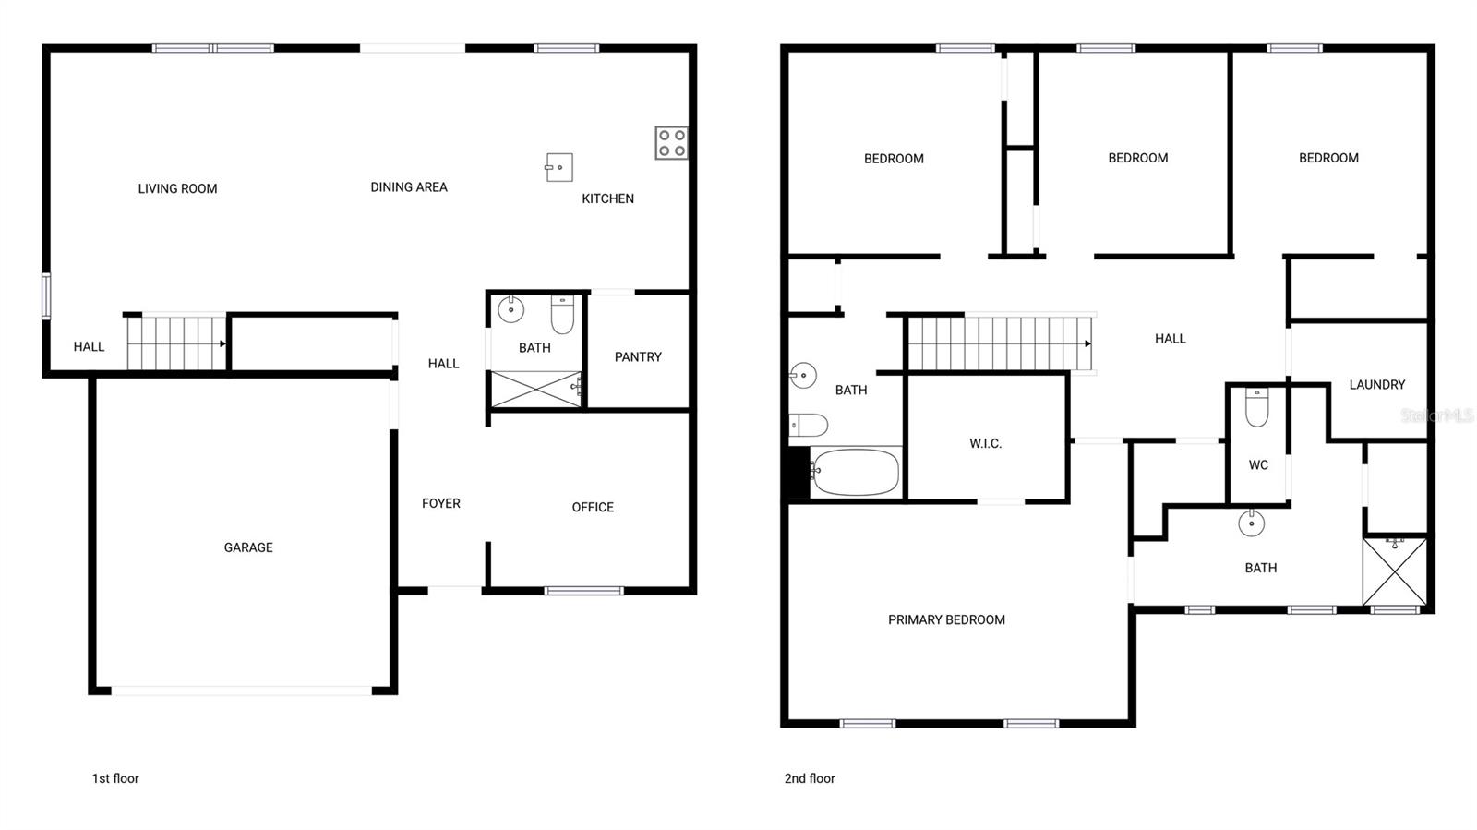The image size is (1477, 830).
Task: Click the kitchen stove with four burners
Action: (x=671, y=143)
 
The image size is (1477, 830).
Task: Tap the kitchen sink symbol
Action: (x=559, y=167)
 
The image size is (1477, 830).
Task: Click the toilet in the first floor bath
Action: (x=562, y=315)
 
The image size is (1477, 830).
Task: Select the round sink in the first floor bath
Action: (x=510, y=309)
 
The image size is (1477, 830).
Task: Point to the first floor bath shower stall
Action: (x=535, y=389)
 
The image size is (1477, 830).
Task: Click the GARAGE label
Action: (x=248, y=547)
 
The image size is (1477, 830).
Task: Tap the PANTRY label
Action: (x=638, y=357)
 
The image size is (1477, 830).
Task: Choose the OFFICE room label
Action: (x=593, y=507)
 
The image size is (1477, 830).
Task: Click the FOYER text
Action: (x=441, y=503)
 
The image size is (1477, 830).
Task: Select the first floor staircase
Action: (x=176, y=343)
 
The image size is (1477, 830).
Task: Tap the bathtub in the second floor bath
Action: (x=855, y=472)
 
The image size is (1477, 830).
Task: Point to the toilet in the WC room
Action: (x=1257, y=407)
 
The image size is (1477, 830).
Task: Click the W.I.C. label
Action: (x=985, y=444)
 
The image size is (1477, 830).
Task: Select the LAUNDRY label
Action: (x=1376, y=385)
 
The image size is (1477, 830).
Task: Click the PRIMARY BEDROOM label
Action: (x=946, y=620)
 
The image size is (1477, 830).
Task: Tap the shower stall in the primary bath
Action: (x=1395, y=571)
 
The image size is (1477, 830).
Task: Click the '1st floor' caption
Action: (x=115, y=778)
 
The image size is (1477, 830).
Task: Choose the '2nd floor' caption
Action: (x=810, y=778)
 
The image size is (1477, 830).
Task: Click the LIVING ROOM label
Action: (x=177, y=189)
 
